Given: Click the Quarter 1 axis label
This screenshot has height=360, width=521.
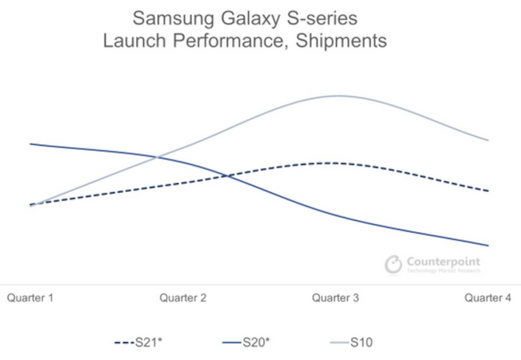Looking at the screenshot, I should coord(30,298).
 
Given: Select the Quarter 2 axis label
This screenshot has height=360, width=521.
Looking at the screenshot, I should coord(183,298).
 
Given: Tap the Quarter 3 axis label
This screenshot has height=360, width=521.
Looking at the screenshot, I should coord(336,298).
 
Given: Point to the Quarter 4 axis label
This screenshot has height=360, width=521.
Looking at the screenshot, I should coord(488,298).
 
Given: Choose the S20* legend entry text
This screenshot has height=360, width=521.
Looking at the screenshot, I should coord(255,343).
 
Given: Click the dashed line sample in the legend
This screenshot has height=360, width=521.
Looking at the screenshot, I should coord(123,343).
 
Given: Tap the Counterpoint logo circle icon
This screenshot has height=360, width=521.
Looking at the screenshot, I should coord(393,264).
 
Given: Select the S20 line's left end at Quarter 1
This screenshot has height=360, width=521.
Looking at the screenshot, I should coord(30,143).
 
